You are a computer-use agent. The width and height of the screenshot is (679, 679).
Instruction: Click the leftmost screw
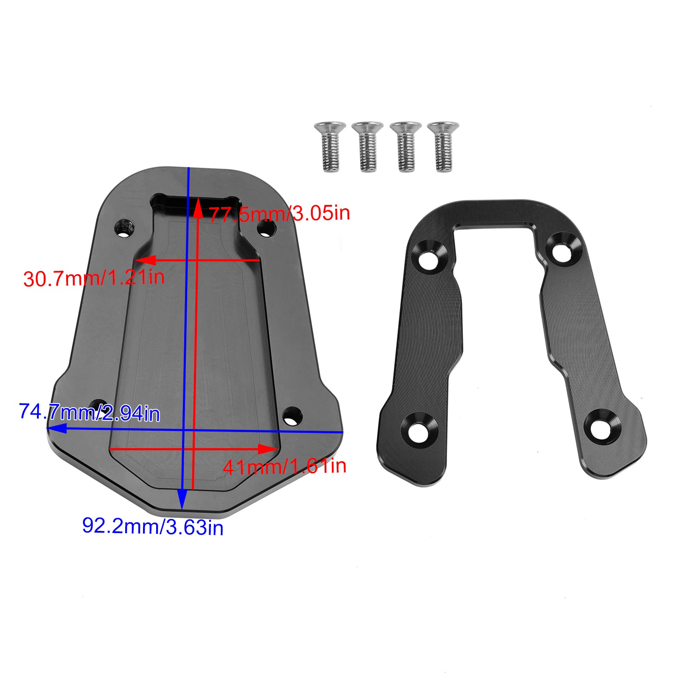[330, 146]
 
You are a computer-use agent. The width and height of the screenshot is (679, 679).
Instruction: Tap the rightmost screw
[443, 146]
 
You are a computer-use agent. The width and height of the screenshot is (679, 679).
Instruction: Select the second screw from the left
[368, 146]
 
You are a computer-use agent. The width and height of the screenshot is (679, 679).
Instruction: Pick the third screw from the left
[405, 146]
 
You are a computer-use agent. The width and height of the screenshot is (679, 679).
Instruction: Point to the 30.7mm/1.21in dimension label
[94, 278]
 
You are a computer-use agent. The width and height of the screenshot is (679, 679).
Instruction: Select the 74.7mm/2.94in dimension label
[90, 412]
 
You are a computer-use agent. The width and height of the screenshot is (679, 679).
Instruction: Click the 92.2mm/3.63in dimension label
[153, 526]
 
